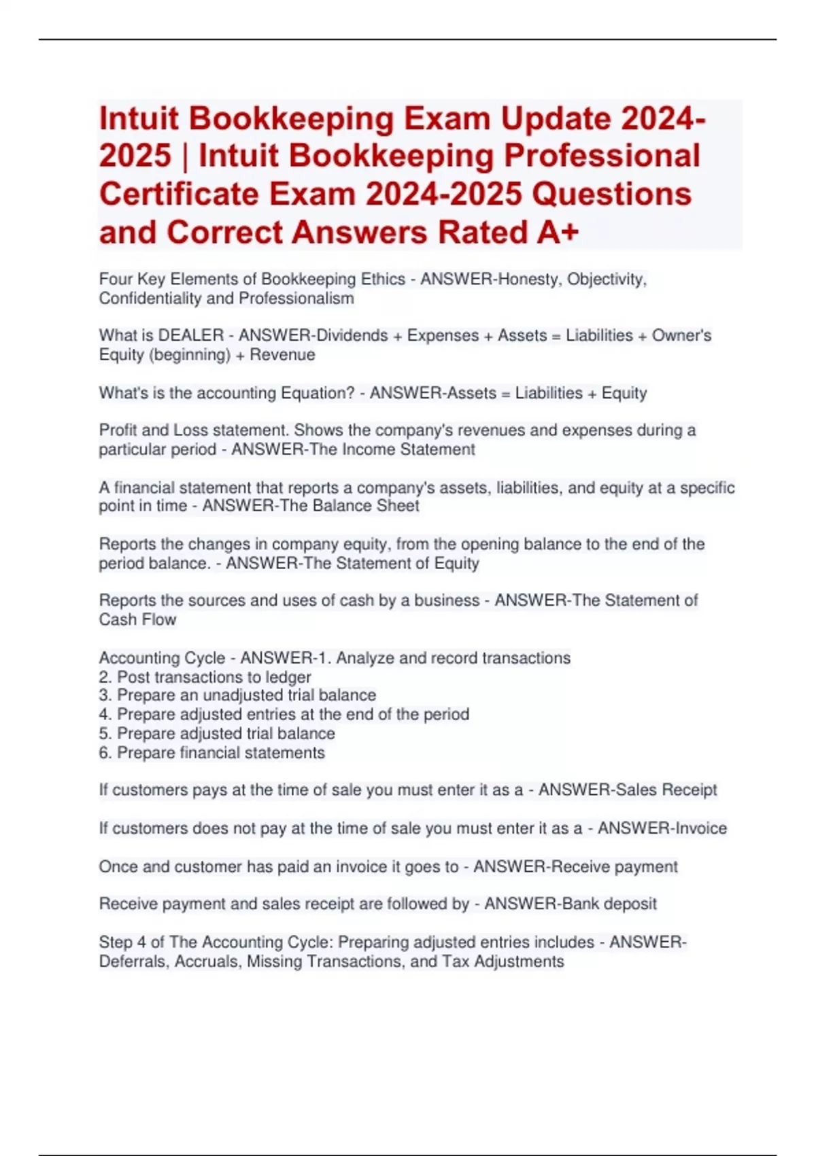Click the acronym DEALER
click(x=191, y=335)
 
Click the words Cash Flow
click(x=137, y=619)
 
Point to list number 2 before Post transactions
click(x=105, y=677)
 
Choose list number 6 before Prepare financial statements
click(x=105, y=753)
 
